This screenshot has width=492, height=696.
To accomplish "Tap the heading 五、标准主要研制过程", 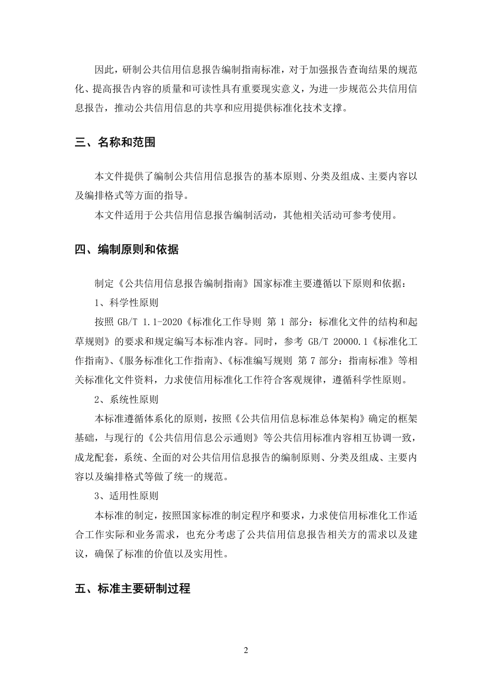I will click(133, 589).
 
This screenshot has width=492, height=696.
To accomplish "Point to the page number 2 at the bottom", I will click(246, 650).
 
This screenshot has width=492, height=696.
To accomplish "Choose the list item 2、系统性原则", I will click(126, 399).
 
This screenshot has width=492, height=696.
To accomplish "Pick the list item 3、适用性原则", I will click(126, 496).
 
